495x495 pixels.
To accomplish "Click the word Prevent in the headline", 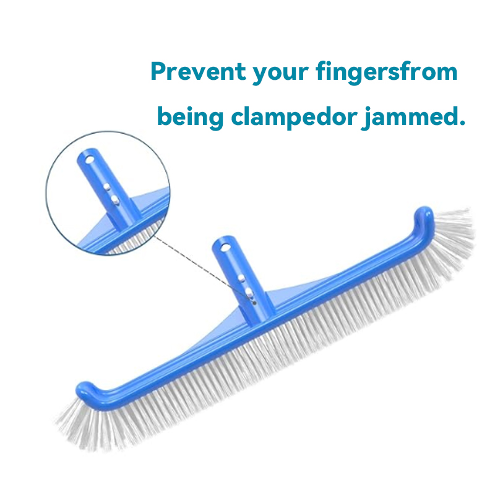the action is tap(198, 71).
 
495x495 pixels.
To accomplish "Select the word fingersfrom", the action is tap(387, 73).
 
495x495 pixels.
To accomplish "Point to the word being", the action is tap(191, 118).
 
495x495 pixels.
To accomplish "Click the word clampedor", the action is tap(294, 116).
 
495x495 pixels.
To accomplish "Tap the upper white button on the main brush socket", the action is tap(241, 278).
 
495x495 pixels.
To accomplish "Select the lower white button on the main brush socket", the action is tap(249, 291).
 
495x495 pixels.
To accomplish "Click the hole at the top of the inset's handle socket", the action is tap(90, 159).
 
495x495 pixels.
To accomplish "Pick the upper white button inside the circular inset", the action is tap(106, 187).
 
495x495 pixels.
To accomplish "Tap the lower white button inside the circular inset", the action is tap(114, 199).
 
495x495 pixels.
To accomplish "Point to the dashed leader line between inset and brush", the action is tap(204, 269).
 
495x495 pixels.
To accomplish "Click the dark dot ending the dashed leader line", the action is tap(254, 303).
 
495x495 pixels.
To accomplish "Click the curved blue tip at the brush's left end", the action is tap(86, 391).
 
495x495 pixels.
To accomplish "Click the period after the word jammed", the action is tap(462, 123).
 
